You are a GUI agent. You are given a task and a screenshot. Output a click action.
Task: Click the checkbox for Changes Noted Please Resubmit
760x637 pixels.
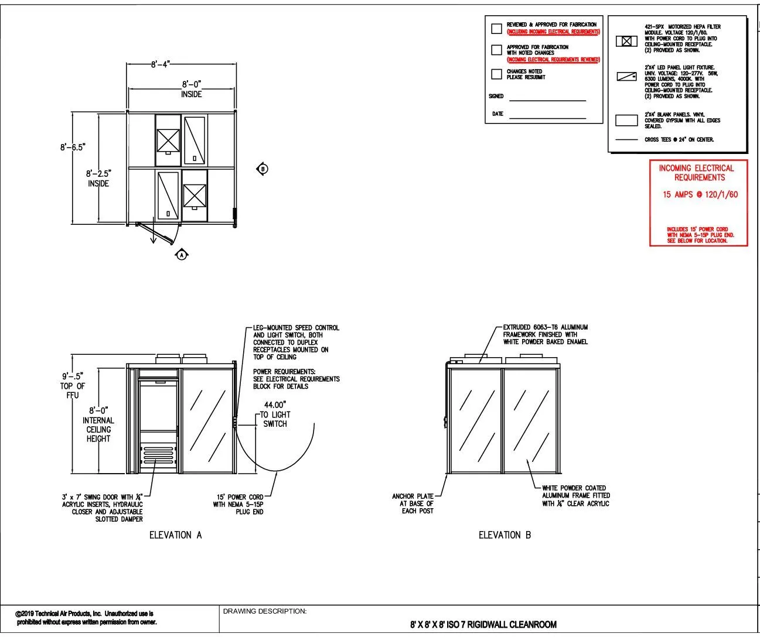496,74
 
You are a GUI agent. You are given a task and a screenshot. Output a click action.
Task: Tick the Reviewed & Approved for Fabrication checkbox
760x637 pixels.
496,28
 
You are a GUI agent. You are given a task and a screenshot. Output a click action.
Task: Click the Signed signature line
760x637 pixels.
547,100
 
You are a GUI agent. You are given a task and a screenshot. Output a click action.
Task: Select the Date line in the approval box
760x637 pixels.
547,118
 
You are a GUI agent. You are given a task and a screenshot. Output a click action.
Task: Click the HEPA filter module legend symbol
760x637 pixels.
626,41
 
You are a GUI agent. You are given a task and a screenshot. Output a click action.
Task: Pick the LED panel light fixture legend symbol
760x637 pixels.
626,77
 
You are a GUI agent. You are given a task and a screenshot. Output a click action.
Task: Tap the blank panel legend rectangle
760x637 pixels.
626,121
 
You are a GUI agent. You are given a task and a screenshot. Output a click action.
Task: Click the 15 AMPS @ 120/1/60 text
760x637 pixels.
700,194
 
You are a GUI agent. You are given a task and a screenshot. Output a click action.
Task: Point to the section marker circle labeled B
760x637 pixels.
263,169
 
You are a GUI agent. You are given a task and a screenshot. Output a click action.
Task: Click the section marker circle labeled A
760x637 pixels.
182,255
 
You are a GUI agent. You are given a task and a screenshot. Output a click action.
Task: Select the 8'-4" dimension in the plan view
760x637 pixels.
161,64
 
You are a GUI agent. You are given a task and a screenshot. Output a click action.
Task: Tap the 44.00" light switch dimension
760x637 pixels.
275,405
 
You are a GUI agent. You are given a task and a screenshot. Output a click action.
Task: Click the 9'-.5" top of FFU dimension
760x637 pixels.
73,376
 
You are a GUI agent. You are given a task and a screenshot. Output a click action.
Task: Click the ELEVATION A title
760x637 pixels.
175,535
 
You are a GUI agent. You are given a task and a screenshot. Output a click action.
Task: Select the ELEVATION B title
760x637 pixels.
505,535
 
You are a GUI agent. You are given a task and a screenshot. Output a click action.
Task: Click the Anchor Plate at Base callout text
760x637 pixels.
413,504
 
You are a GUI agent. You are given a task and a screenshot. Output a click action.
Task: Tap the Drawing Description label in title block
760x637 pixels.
264,611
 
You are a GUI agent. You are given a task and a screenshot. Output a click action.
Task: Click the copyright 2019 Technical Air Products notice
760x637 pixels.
87,618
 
